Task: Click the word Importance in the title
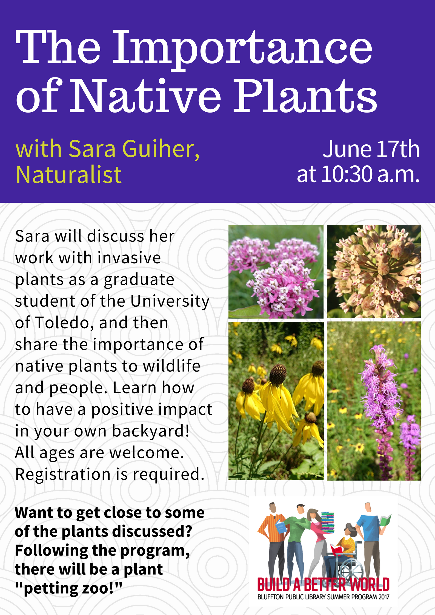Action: pos(243,49)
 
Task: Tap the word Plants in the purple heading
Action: pos(305,96)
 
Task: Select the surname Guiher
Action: pos(161,149)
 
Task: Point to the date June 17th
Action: pos(371,149)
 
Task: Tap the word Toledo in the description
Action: pos(62,323)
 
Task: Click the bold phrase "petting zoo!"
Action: pos(68,588)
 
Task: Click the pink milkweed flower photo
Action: pos(276,272)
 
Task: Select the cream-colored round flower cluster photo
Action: pos(374,272)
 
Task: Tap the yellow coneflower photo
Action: pos(276,401)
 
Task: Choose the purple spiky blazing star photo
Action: pos(374,401)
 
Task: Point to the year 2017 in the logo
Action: pos(384,597)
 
